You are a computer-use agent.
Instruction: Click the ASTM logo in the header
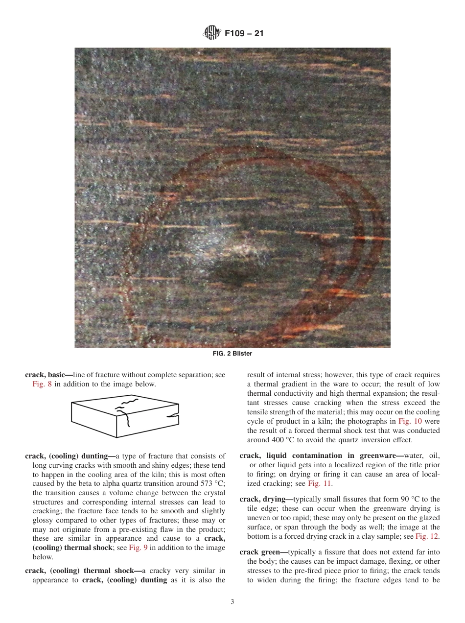[211, 34]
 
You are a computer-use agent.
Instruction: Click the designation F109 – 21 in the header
[244, 34]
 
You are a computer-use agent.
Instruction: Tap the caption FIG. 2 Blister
[232, 353]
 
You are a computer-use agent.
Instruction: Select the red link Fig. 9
[138, 548]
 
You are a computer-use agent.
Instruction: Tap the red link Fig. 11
[320, 484]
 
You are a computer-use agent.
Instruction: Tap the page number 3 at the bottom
[232, 601]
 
